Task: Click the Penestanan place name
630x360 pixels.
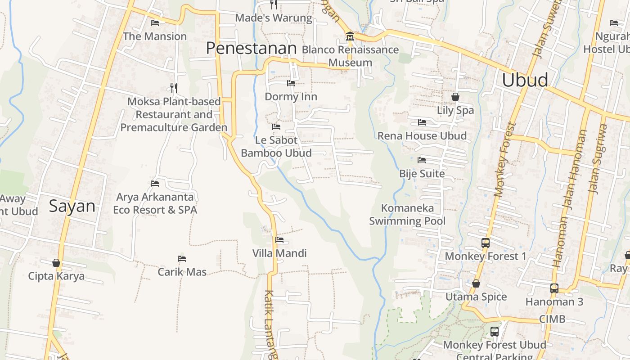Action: pos(251,49)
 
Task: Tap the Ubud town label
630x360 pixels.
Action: pos(525,80)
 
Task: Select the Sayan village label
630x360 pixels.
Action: pos(72,206)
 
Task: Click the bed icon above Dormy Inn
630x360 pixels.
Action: pos(291,83)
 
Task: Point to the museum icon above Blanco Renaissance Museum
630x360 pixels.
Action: pos(350,36)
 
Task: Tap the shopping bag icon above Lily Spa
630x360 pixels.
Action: pos(455,97)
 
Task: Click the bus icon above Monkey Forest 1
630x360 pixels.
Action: pos(485,243)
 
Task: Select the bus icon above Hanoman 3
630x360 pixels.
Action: pos(554,288)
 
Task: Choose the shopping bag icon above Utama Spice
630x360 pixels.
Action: pos(476,283)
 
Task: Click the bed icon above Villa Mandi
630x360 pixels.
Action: pos(279,240)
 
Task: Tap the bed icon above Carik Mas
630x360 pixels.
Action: pos(182,259)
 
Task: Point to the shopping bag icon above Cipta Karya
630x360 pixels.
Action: pos(56,263)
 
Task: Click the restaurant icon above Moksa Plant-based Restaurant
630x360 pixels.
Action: pos(174,88)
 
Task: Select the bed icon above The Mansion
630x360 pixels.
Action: pos(155,23)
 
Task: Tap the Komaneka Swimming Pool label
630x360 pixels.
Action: pos(407,214)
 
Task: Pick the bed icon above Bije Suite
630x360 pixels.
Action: pos(422,160)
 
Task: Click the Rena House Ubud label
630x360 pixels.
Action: pos(422,135)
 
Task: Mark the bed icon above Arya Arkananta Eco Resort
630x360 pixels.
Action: pos(155,184)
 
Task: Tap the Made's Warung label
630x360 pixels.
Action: pos(274,18)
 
